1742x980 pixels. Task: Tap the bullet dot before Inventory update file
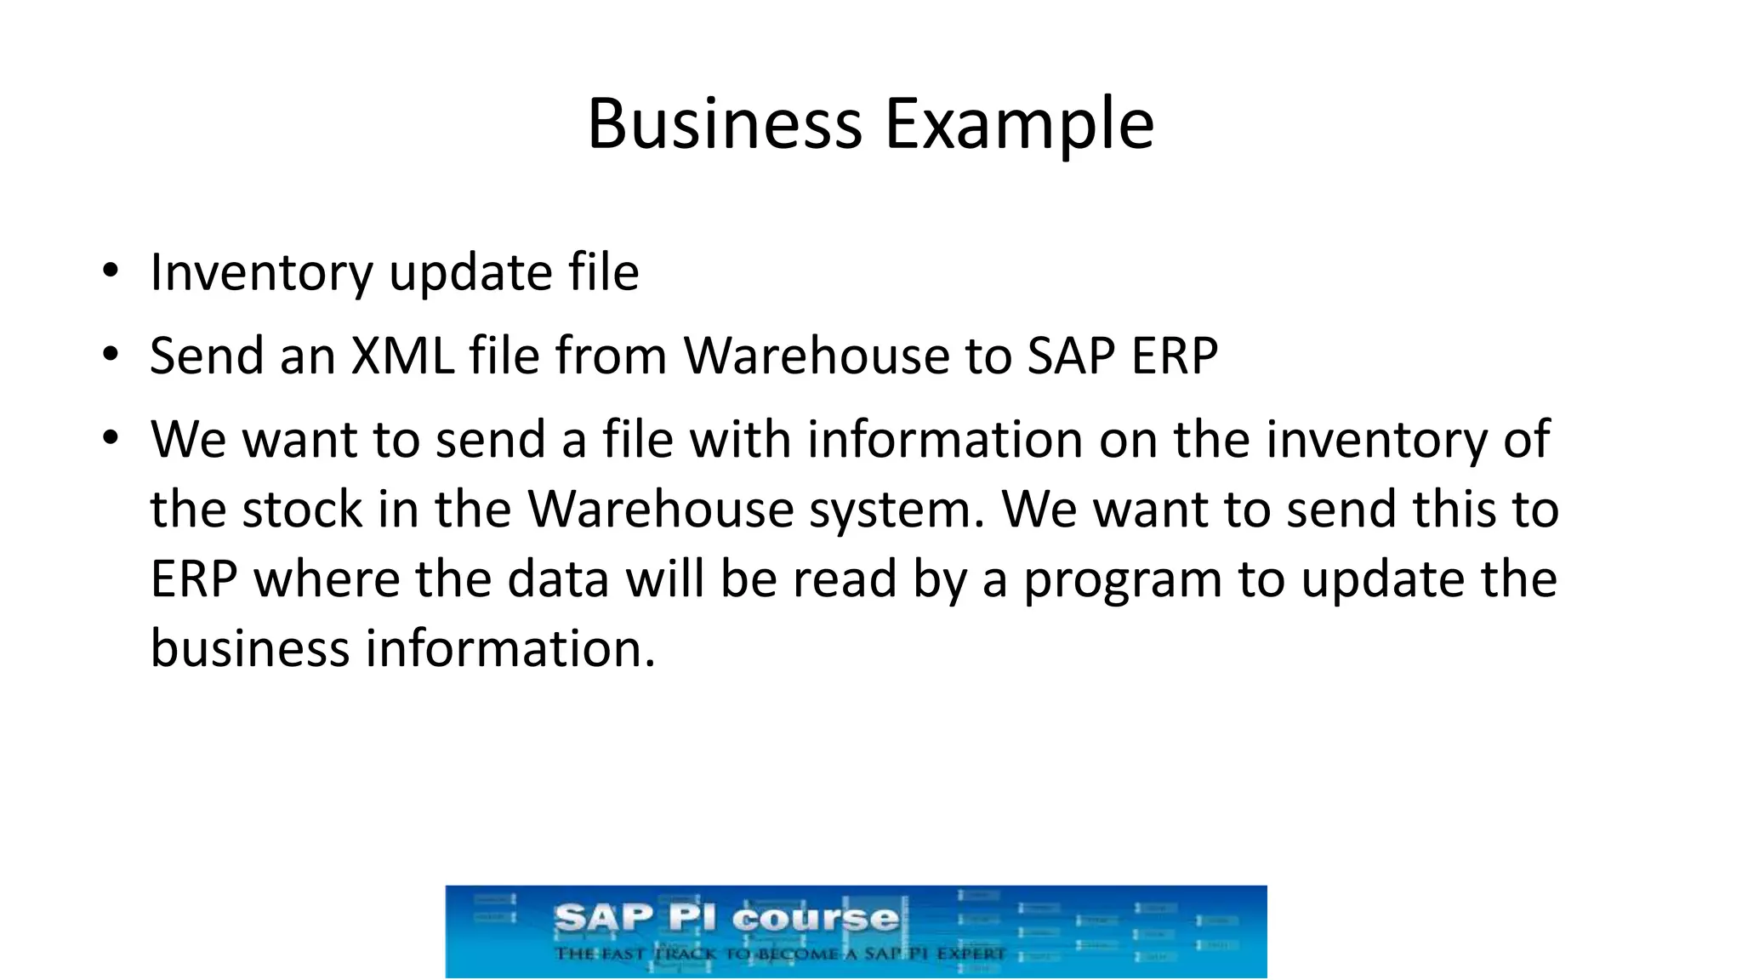coord(110,272)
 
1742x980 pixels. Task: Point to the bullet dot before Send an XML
coord(110,355)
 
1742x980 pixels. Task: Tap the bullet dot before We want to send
coord(110,439)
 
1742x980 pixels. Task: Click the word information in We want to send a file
coord(944,440)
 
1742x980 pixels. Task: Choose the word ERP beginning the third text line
coord(193,579)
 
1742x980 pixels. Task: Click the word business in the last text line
coord(250,648)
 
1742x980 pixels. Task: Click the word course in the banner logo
coord(815,918)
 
